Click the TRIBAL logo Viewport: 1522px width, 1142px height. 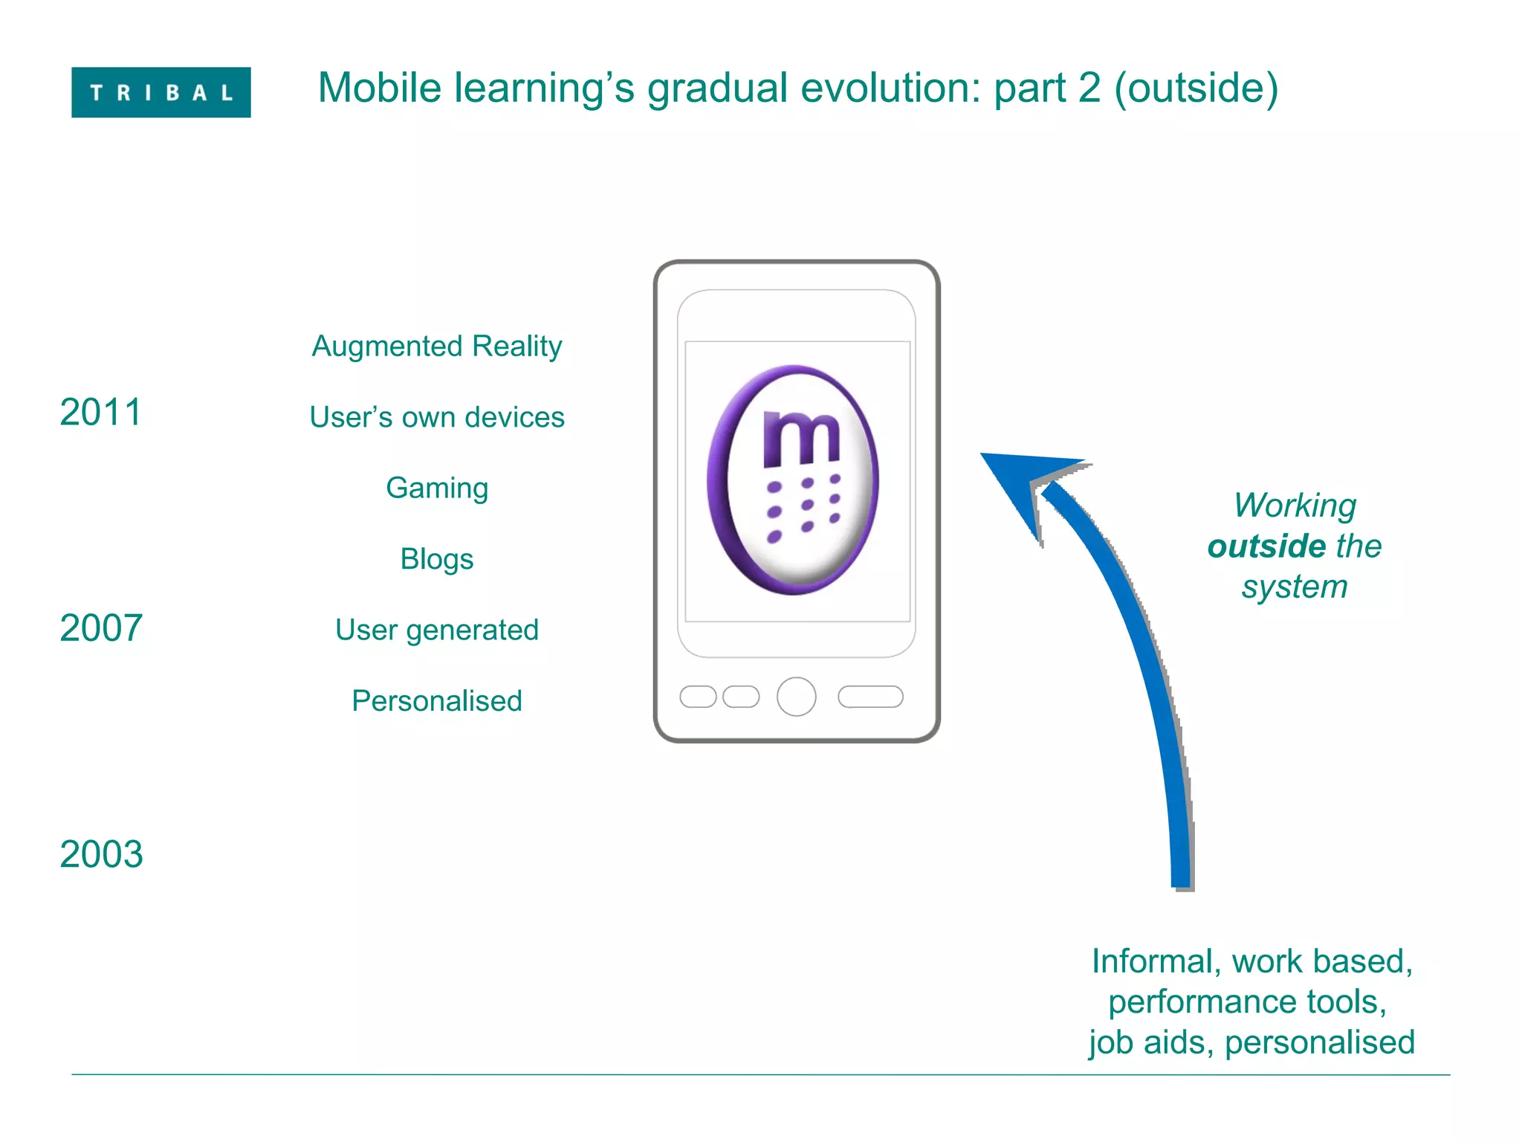point(161,92)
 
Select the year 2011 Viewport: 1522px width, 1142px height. point(100,412)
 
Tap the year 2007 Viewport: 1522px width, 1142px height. point(100,628)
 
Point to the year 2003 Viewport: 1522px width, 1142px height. point(100,854)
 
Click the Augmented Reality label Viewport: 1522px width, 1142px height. point(437,346)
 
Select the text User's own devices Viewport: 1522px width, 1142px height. point(437,417)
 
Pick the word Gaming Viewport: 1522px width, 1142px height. point(437,488)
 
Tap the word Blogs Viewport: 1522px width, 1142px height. point(437,559)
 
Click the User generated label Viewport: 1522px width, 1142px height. point(437,630)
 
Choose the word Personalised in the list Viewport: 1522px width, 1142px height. point(437,701)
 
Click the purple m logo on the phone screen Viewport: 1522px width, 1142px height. point(794,480)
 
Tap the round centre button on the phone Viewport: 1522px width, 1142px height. point(796,697)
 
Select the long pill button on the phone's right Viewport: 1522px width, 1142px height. point(870,697)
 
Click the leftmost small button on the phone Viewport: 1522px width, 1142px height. point(698,697)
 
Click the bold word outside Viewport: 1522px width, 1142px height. point(1266,546)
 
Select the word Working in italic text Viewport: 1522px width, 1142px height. point(1295,506)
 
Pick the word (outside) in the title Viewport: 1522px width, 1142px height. point(1196,88)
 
